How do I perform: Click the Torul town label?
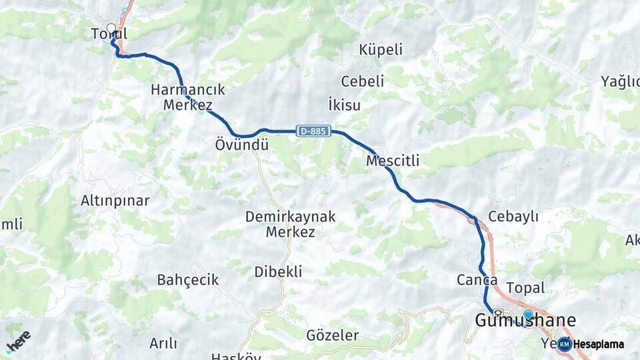[x=109, y=34]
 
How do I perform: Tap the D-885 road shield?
[x=313, y=131]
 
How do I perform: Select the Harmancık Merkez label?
[x=187, y=97]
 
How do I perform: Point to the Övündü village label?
[x=241, y=145]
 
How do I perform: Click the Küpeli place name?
[x=381, y=50]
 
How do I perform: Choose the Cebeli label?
[x=363, y=81]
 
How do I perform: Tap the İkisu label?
[x=345, y=105]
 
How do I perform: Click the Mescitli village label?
[x=393, y=161]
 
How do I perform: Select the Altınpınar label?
[x=115, y=201]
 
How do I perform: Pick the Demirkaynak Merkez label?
[x=290, y=224]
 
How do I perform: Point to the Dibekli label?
[x=278, y=272]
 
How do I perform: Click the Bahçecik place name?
[x=188, y=280]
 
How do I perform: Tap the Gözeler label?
[x=332, y=335]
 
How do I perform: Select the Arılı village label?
[x=163, y=343]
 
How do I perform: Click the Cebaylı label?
[x=513, y=217]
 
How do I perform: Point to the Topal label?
[x=526, y=288]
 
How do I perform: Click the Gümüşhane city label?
[x=525, y=321]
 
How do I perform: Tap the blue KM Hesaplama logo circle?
[x=565, y=344]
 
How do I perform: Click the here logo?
[x=18, y=340]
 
